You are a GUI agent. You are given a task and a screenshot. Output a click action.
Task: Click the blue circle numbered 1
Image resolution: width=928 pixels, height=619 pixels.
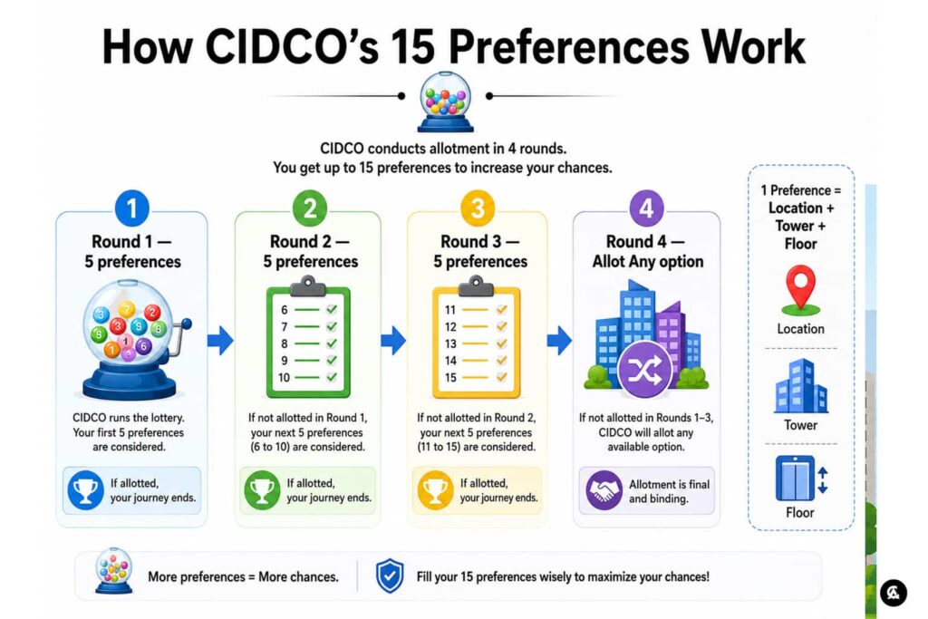point(132,208)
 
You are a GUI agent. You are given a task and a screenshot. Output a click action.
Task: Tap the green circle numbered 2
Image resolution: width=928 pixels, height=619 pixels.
point(310,208)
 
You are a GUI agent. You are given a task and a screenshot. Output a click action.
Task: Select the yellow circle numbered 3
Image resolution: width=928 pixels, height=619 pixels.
point(477,208)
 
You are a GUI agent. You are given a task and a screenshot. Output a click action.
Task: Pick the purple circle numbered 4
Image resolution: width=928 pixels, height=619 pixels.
point(646,208)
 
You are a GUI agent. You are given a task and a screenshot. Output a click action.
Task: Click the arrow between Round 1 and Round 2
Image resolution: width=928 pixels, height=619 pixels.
point(220,340)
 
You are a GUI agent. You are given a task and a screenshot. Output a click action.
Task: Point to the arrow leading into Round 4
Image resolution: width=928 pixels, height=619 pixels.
point(559,340)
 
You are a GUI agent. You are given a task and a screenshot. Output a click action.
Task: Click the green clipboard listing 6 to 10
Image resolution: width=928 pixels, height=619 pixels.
point(308,337)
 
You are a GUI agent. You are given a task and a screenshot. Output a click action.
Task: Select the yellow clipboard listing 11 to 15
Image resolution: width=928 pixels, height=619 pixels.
point(477,337)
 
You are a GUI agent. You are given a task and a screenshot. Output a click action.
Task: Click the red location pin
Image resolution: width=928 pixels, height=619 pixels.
point(800,289)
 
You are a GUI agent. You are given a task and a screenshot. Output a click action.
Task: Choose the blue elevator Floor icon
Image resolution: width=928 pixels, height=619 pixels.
point(800,479)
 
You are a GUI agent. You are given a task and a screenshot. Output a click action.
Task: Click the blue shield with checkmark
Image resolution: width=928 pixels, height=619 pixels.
point(390,575)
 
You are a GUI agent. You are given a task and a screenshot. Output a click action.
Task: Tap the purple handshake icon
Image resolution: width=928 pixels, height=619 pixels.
point(604,490)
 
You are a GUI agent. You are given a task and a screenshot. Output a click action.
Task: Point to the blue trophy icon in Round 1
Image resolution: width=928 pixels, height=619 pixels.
point(86,490)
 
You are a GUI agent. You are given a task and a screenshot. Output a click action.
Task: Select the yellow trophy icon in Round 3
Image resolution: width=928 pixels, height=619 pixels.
point(436,490)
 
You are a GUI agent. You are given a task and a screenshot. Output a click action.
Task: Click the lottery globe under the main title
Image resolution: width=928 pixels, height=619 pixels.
point(445,102)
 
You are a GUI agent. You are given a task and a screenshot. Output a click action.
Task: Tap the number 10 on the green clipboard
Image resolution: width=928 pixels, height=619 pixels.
point(284,378)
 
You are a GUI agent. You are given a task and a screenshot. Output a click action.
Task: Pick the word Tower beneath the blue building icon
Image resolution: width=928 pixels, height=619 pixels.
point(800,425)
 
